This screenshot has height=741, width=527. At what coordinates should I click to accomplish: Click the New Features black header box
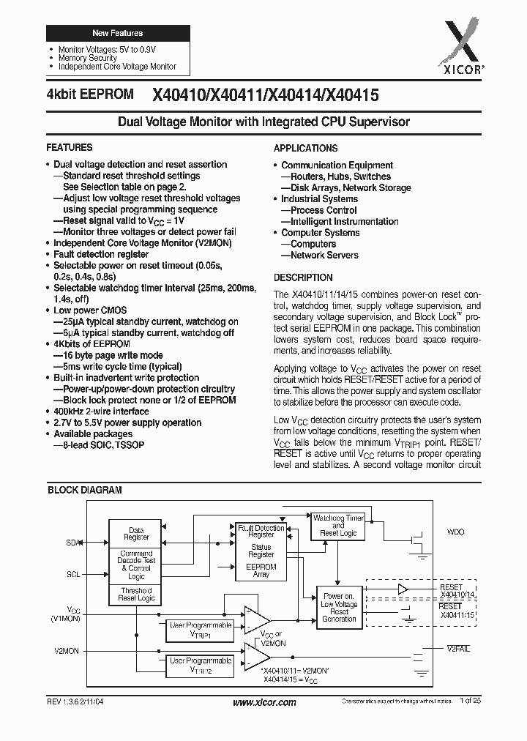click(118, 34)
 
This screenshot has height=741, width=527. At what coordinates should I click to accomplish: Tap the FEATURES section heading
click(70, 148)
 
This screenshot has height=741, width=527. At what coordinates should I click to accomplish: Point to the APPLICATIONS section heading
click(305, 148)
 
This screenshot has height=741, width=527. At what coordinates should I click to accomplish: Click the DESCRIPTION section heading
click(303, 278)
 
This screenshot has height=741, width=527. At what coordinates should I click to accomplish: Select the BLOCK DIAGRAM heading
click(85, 491)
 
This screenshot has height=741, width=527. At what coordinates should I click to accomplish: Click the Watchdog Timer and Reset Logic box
click(338, 526)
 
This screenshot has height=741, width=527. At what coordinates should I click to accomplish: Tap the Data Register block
click(136, 534)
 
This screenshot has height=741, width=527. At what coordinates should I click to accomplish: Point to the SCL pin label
click(73, 575)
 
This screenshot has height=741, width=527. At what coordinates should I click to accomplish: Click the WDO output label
click(455, 532)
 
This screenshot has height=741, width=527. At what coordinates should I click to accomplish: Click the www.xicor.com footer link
click(264, 703)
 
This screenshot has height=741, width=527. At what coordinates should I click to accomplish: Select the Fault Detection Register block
click(261, 531)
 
